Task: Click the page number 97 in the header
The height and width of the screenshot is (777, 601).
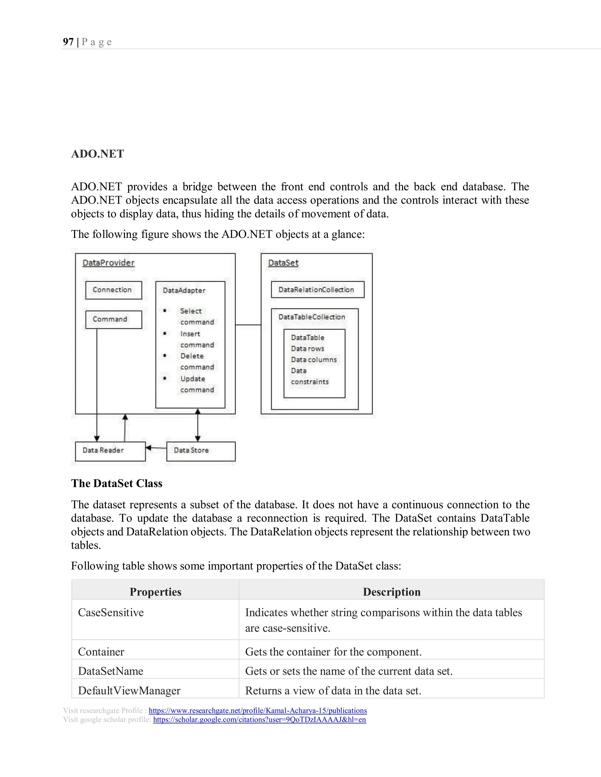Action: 68,42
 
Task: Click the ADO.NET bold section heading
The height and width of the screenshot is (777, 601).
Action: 97,154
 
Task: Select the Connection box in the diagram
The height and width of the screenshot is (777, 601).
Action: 114,290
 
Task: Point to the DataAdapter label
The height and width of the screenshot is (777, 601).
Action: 184,290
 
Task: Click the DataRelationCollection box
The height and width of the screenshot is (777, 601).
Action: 317,290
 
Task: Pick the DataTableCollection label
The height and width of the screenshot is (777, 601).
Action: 312,317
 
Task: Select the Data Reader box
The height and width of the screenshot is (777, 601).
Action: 110,451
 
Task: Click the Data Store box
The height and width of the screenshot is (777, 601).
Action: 201,451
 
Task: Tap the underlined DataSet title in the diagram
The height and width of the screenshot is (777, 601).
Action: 283,263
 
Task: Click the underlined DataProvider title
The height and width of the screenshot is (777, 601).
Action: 108,263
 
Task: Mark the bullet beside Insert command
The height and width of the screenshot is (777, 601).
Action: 165,333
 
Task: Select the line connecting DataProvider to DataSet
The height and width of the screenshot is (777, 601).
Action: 248,325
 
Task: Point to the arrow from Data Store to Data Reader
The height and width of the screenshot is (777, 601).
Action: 156,448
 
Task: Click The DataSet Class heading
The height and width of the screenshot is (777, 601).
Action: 117,483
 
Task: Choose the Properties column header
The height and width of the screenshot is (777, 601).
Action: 155,592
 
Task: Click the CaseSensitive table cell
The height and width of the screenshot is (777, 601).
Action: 111,612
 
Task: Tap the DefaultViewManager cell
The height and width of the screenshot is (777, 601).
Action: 129,691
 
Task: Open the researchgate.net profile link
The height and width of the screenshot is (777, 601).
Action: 258,710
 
